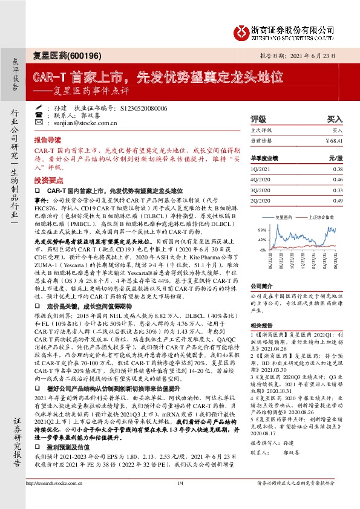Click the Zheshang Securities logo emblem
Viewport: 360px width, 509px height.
(x=241, y=30)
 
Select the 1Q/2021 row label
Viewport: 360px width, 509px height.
(x=260, y=169)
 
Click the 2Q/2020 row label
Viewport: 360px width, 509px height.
(x=260, y=200)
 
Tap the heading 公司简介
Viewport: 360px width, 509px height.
(x=261, y=285)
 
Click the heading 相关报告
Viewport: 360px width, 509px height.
(x=261, y=325)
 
